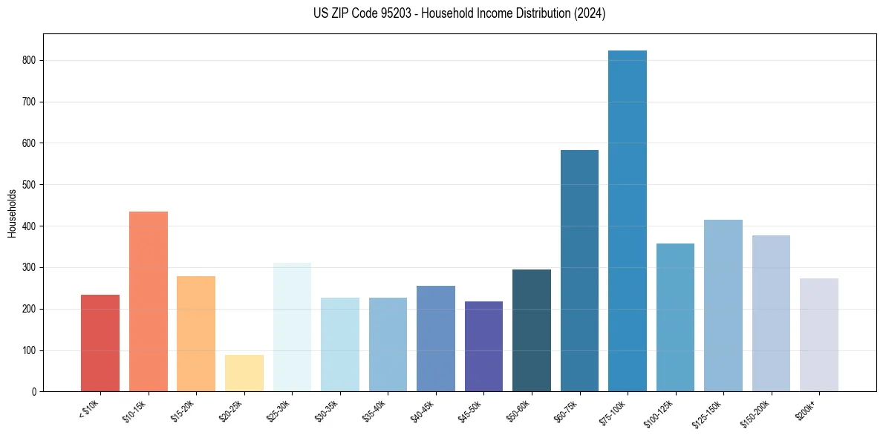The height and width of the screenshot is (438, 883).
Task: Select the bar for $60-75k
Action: coord(579,271)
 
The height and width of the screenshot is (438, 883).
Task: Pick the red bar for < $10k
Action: coord(100,343)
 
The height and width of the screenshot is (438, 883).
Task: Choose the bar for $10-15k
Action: coord(149,301)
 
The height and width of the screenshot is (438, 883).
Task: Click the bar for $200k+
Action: coord(819,335)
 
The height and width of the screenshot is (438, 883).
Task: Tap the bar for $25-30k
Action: coord(292,327)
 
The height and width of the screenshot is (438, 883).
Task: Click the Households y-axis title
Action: coord(12,213)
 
